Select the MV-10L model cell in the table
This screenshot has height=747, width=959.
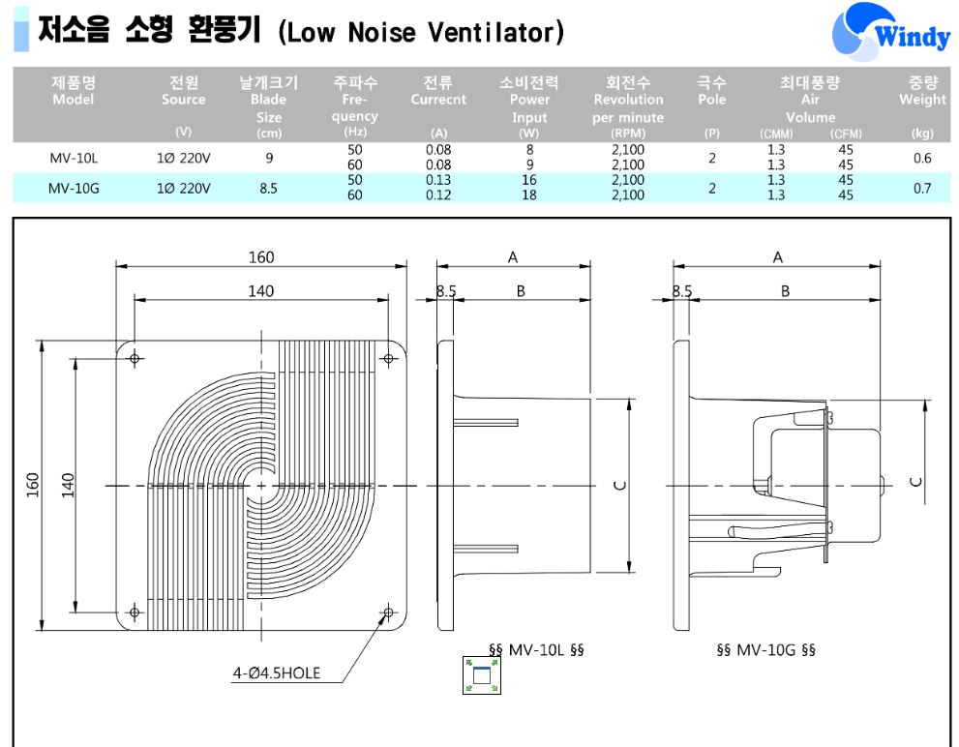(x=74, y=158)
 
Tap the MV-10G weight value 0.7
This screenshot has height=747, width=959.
(x=921, y=188)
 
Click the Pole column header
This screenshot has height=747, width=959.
(x=711, y=91)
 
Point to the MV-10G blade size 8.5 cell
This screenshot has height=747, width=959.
(x=268, y=188)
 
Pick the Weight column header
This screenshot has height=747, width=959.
(x=922, y=91)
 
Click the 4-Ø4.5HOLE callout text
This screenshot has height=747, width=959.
(x=277, y=672)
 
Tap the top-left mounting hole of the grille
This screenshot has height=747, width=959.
(x=135, y=358)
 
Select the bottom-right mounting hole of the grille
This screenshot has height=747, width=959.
(x=388, y=612)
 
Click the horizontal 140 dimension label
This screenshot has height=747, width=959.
(x=261, y=290)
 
